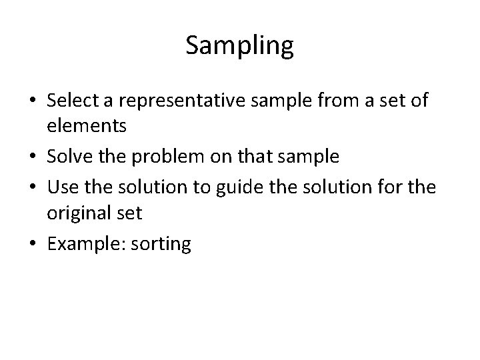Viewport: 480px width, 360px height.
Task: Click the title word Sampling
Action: [x=239, y=46]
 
